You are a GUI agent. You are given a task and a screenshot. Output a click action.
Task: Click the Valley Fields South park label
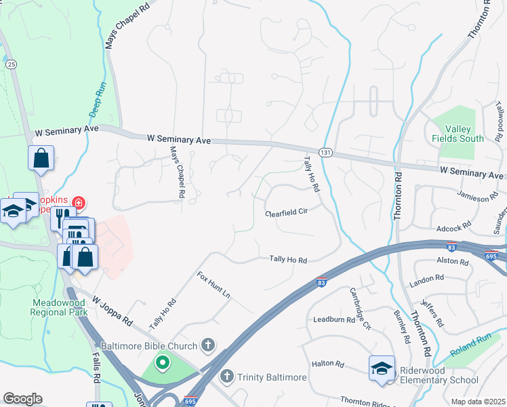[x=458, y=134]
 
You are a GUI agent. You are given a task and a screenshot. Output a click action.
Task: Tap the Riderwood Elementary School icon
[x=382, y=369]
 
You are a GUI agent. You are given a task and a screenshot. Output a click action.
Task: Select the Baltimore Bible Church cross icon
[x=209, y=346]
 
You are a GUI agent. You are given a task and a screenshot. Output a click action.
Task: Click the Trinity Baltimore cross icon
[x=228, y=375]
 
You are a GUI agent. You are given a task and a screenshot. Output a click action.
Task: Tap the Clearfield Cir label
[x=287, y=212]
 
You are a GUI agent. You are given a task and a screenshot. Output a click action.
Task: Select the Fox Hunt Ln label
[x=214, y=286]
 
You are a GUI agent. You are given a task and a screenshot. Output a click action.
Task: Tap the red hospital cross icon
[x=79, y=202]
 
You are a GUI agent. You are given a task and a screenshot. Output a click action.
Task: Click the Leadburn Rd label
[x=330, y=319]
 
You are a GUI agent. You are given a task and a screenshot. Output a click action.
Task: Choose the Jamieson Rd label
[x=472, y=197]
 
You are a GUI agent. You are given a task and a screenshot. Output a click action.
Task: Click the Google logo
[x=23, y=399]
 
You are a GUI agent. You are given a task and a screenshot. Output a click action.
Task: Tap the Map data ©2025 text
[x=479, y=402]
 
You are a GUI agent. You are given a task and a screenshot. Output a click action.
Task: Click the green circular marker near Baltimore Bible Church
[x=162, y=363]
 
